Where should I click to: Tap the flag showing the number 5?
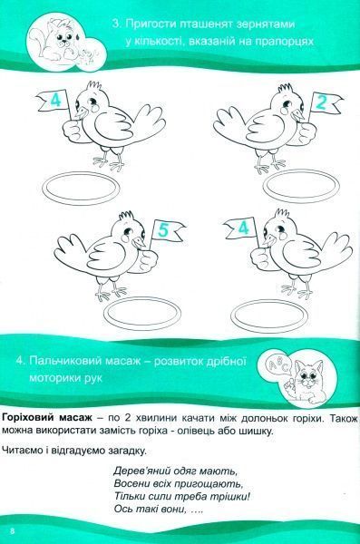click(x=164, y=231)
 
